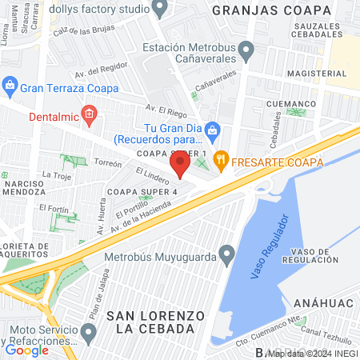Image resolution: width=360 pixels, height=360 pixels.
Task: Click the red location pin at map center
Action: pyautogui.click(x=181, y=166)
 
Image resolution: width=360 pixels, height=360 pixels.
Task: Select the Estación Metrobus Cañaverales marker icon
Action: pyautogui.click(x=246, y=53)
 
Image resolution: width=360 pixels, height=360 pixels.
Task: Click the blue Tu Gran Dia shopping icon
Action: pyautogui.click(x=212, y=129)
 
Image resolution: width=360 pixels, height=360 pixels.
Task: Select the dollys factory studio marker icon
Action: pyautogui.click(x=159, y=9)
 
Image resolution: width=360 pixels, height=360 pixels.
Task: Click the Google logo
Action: pyautogui.click(x=26, y=350)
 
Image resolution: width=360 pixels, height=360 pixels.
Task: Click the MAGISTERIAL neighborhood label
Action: pyautogui.click(x=313, y=74)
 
